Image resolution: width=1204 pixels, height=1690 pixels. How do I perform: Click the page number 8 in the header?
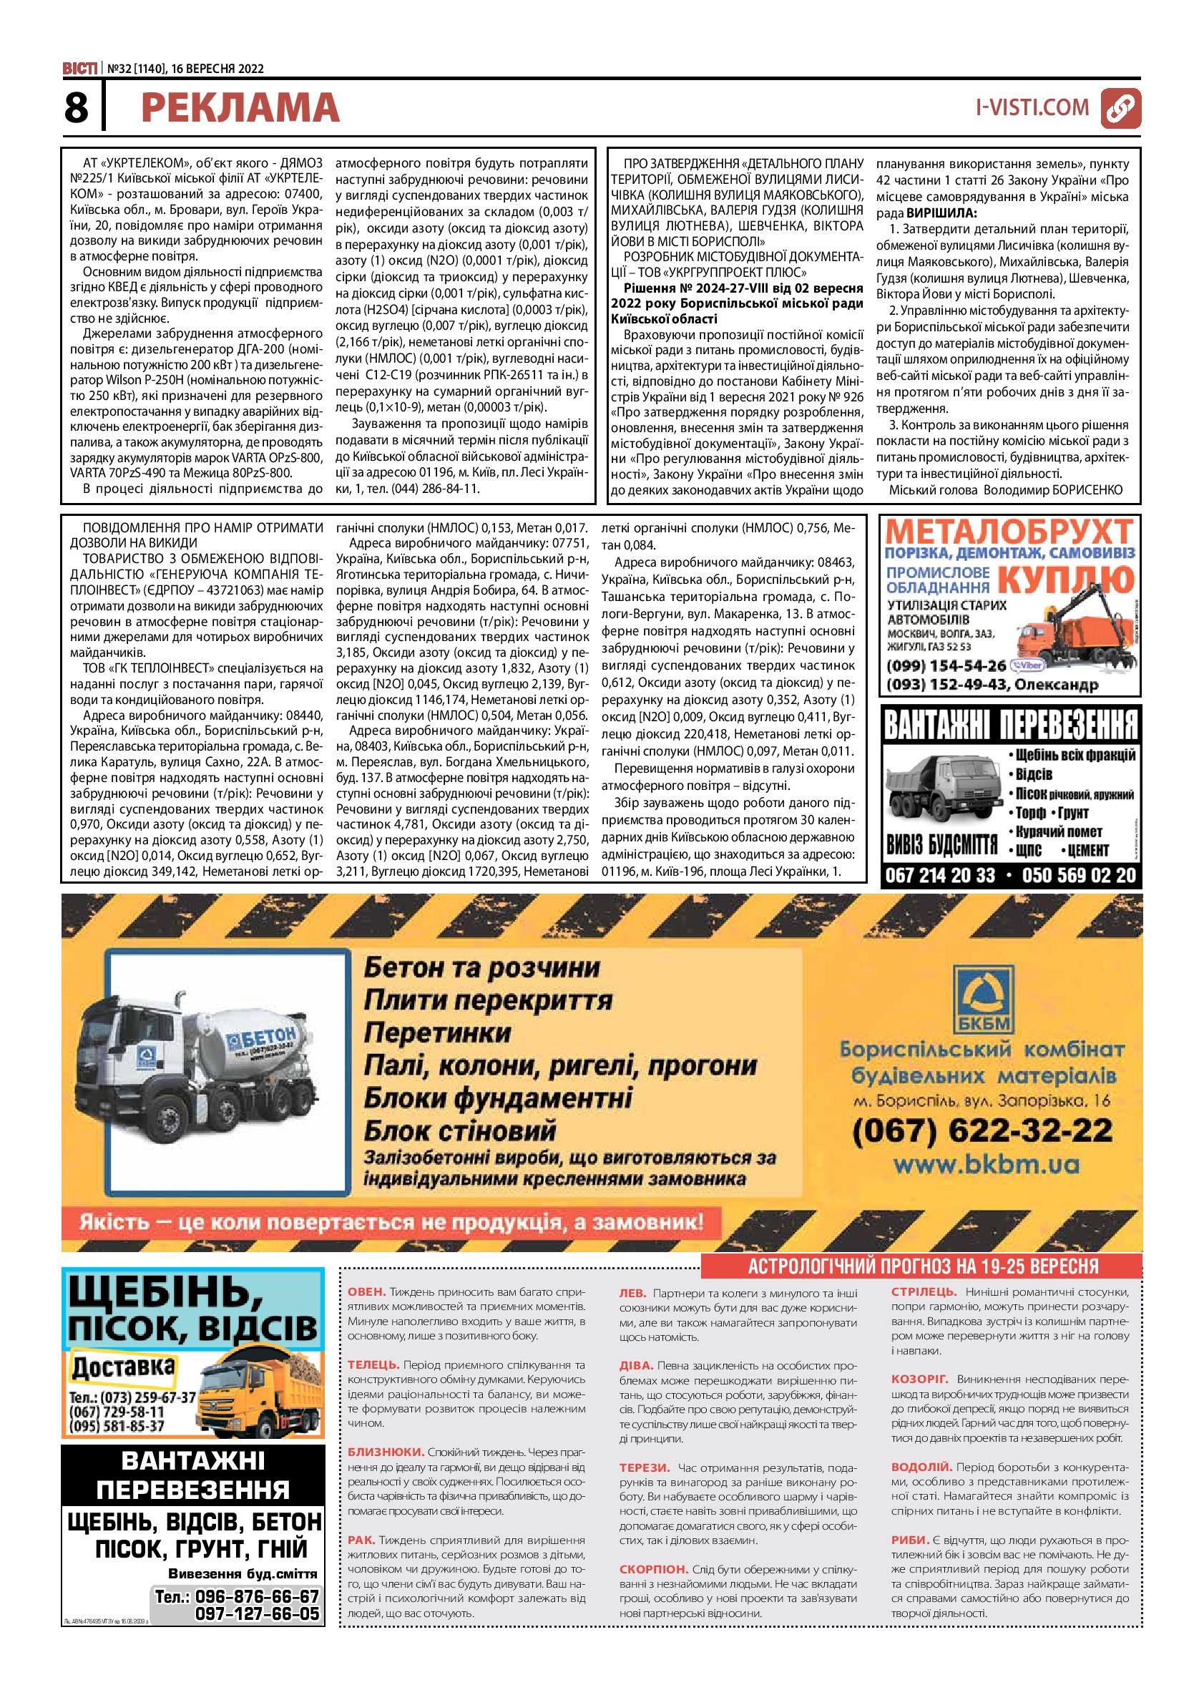[x=76, y=108]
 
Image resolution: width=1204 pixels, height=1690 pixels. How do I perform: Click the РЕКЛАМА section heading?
[x=240, y=108]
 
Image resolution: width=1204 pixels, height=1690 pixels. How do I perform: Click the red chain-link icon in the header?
[x=1120, y=108]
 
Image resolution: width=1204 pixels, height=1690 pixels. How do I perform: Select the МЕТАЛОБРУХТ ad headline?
[x=1009, y=534]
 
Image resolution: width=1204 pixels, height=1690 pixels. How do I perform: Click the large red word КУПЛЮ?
[x=1065, y=578]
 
